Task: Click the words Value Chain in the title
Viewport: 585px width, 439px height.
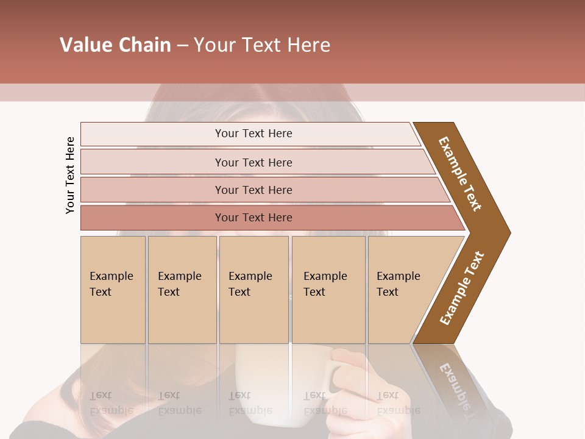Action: [x=115, y=45]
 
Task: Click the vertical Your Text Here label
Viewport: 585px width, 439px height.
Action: [x=70, y=175]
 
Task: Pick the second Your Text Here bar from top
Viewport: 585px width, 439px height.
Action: [x=253, y=162]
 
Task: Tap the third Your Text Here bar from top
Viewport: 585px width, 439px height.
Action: [x=253, y=190]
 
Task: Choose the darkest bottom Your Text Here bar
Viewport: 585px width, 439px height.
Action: [x=253, y=218]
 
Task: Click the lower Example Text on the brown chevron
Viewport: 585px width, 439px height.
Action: [x=462, y=288]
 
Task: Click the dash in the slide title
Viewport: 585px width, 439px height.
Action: [x=182, y=46]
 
